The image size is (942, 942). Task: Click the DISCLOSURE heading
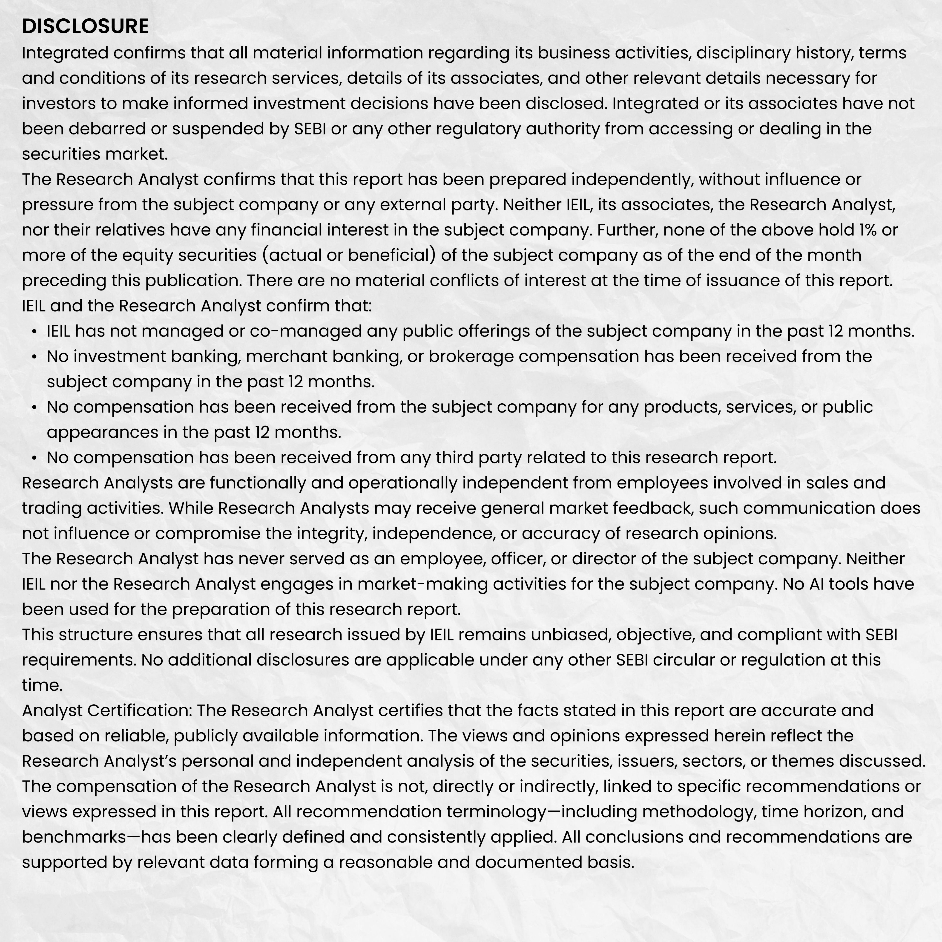click(85, 26)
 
